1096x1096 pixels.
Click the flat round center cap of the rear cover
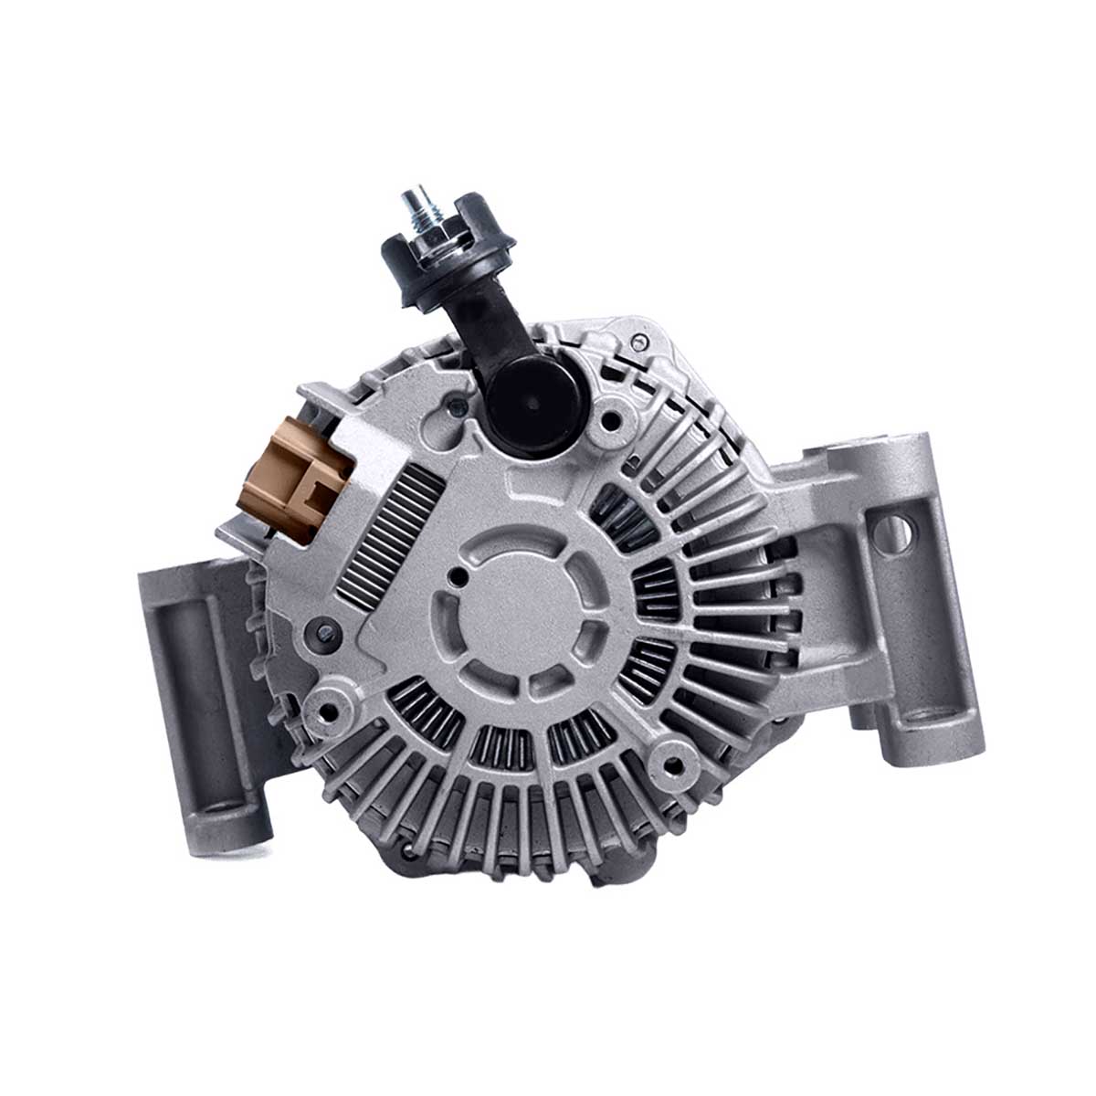click(x=522, y=607)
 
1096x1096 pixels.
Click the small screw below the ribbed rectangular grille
click(x=321, y=629)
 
